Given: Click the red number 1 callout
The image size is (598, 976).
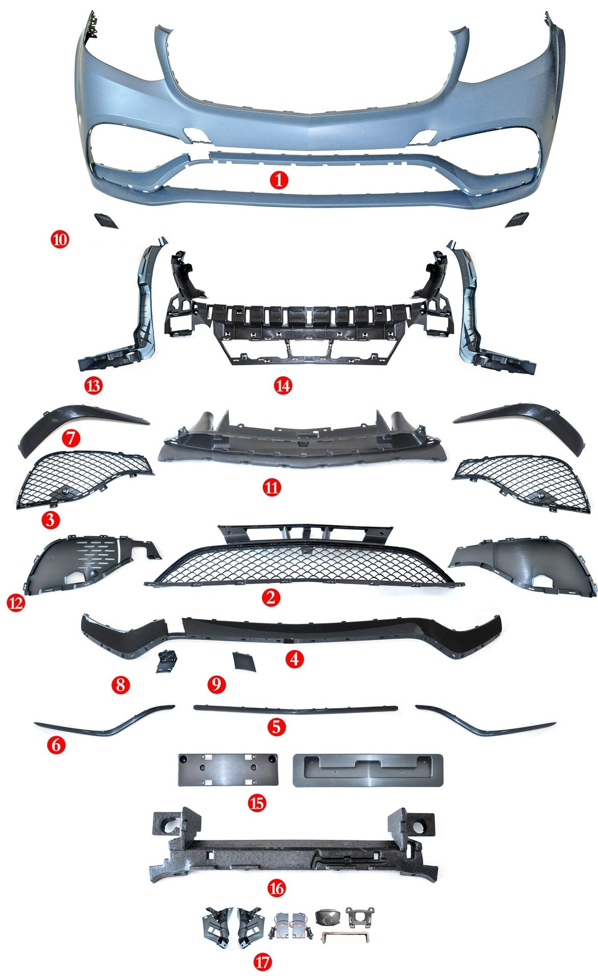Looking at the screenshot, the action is point(279,180).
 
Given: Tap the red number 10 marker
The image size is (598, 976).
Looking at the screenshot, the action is point(60,238).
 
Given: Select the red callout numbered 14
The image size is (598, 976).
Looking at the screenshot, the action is point(283,386).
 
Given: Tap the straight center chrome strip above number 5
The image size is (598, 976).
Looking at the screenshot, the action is point(295,708).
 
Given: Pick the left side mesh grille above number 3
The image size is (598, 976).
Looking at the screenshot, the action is point(84,480).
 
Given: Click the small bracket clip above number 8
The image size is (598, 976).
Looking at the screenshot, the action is point(167,660).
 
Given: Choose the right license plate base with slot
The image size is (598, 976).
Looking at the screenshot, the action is point(367,771).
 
